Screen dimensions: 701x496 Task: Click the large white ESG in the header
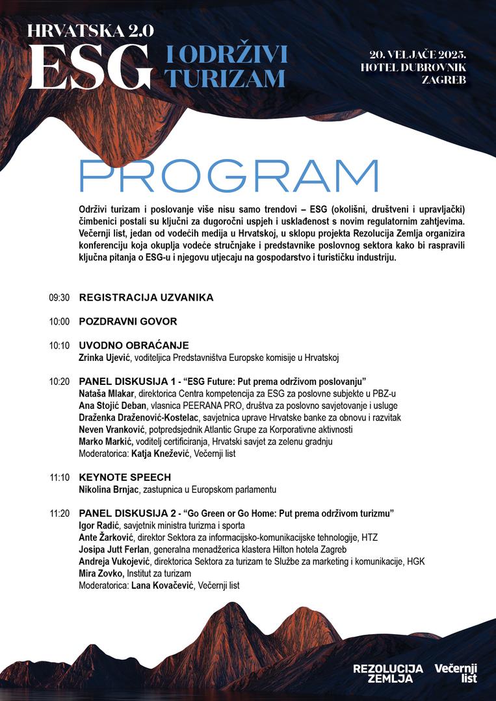pos(90,68)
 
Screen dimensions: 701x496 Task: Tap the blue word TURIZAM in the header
pos(225,79)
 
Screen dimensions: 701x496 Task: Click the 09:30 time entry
pos(59,298)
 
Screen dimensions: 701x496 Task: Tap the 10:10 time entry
pos(59,345)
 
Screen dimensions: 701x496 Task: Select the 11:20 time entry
pos(59,513)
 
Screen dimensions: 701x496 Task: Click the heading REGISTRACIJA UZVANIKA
pos(146,297)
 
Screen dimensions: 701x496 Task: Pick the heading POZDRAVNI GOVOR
pos(128,321)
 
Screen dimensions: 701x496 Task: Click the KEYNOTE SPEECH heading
pos(125,477)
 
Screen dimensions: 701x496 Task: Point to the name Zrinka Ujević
pos(105,357)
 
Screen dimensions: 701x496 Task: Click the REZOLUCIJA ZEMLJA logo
pos(387,673)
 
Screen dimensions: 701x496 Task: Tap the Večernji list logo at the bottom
pos(456,673)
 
